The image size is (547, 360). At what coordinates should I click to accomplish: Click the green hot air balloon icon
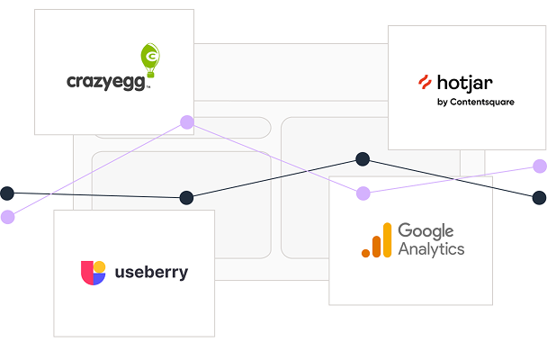pyautogui.click(x=150, y=60)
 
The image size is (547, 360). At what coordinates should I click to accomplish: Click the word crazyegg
pyautogui.click(x=105, y=83)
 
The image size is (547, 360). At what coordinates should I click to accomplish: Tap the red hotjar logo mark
pyautogui.click(x=425, y=82)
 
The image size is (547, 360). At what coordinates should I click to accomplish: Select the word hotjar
pyautogui.click(x=464, y=83)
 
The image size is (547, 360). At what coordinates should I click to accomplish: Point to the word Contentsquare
pyautogui.click(x=482, y=102)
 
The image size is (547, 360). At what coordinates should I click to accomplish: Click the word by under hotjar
pyautogui.click(x=443, y=103)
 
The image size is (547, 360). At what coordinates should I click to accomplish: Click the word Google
pyautogui.click(x=426, y=231)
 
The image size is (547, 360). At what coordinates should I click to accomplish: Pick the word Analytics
pyautogui.click(x=431, y=249)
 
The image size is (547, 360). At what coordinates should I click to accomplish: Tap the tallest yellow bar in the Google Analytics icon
pyautogui.click(x=387, y=240)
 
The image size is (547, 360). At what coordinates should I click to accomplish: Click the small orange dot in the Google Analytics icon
pyautogui.click(x=365, y=253)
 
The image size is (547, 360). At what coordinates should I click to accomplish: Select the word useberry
pyautogui.click(x=151, y=272)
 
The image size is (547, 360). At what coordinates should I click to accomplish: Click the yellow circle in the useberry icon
pyautogui.click(x=100, y=266)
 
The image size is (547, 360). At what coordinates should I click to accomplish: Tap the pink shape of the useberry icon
pyautogui.click(x=87, y=273)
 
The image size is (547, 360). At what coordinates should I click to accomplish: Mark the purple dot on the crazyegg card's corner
pyautogui.click(x=187, y=122)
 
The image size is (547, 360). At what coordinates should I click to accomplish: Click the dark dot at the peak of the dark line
pyautogui.click(x=363, y=159)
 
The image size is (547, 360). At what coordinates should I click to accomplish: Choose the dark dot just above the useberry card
pyautogui.click(x=186, y=198)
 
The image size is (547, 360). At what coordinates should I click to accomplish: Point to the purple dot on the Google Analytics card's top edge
pyautogui.click(x=363, y=193)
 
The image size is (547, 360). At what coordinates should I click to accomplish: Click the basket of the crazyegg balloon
pyautogui.click(x=151, y=75)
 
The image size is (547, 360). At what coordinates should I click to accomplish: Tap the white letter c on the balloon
pyautogui.click(x=152, y=56)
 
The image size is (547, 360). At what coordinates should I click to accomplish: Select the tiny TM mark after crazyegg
pyautogui.click(x=148, y=87)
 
